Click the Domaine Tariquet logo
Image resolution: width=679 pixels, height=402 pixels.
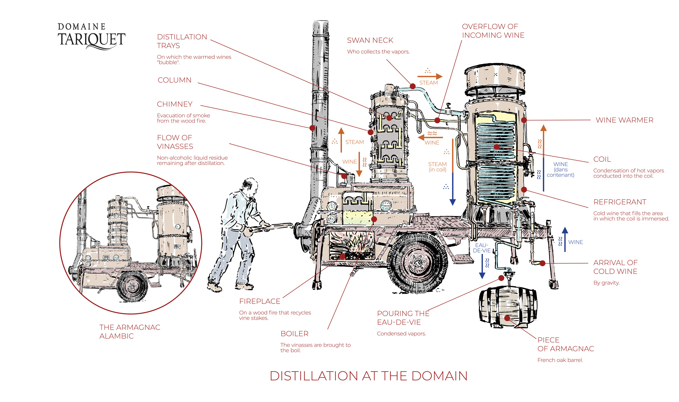coord(91,37)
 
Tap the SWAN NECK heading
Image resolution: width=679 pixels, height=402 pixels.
coord(370,40)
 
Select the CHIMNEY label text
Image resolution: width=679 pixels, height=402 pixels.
coord(175,104)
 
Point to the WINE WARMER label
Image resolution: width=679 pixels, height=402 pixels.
coord(624,120)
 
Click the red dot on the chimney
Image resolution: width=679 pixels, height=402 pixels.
coord(312,128)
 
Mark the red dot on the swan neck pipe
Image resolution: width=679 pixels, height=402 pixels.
coord(413,86)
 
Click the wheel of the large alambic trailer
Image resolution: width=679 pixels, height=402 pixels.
coord(417,262)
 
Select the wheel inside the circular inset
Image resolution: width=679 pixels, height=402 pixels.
coord(132,286)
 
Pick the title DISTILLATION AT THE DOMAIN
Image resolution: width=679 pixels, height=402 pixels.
coord(369,376)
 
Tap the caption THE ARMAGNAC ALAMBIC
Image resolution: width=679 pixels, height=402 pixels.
coord(130,332)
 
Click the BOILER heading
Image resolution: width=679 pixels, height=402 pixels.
coord(294,334)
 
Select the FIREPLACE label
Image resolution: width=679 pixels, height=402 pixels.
coord(260,301)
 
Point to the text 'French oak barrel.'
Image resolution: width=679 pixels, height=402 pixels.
coord(560,360)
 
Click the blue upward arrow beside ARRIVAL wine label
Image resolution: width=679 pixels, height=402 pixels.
coord(565,239)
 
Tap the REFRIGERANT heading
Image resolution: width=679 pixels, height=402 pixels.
coord(620,202)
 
